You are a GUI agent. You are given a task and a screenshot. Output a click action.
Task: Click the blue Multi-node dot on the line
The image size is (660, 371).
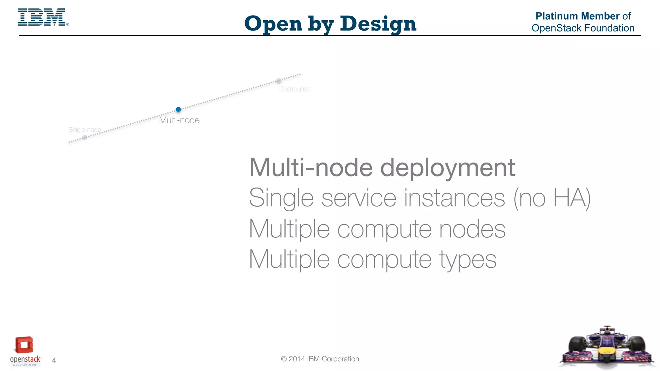click(179, 109)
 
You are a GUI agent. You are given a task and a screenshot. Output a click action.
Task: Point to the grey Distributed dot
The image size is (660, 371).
click(279, 81)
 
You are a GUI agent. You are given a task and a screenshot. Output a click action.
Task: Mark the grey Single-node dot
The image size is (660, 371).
click(84, 138)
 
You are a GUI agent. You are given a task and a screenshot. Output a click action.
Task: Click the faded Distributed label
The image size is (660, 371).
click(294, 89)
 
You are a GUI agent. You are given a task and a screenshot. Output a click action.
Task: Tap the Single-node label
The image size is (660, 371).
click(84, 130)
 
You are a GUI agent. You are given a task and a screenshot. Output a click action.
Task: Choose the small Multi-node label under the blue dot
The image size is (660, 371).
click(179, 120)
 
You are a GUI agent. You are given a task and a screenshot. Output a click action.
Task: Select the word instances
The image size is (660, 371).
click(454, 198)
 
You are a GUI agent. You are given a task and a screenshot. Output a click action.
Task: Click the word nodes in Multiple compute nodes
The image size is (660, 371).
click(472, 229)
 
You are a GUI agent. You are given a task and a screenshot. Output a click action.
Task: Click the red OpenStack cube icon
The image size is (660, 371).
click(24, 345)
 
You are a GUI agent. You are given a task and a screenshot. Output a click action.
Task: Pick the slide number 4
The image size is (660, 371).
click(54, 360)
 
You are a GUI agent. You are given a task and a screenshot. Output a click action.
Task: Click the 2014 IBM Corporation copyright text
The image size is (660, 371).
click(320, 359)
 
